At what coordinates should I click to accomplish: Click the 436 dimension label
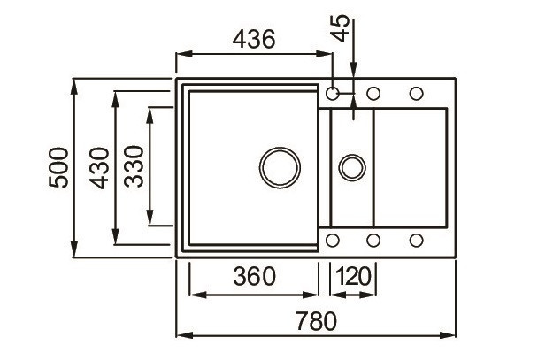pos(254,40)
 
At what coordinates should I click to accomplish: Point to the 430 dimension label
pos(99,168)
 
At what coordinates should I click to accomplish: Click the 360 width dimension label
pos(254,276)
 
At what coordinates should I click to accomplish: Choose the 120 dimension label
pos(353,276)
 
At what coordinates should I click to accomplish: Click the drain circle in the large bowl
pos(280,167)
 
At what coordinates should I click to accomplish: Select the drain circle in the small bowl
pos(352,166)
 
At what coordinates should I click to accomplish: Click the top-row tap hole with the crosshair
pos(334,92)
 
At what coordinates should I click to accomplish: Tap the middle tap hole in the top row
pos(373,92)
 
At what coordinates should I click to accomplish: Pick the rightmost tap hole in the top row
pos(415,92)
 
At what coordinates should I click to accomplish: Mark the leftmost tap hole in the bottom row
pos(334,240)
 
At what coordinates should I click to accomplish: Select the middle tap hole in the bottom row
pos(373,240)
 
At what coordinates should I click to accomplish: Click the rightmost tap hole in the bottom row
pos(415,240)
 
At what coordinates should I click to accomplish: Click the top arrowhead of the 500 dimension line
pos(75,87)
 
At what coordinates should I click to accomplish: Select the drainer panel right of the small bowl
pos(411,166)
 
